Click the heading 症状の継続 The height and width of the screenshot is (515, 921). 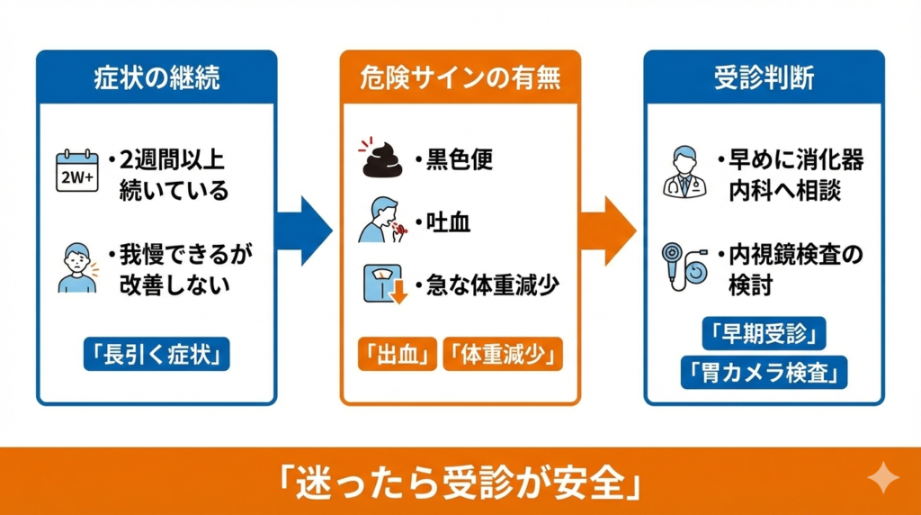click(156, 77)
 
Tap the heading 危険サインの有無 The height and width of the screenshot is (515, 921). click(460, 77)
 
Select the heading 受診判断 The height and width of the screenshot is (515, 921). click(764, 77)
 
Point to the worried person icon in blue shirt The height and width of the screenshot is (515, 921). click(77, 266)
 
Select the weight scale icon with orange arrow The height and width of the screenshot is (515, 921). click(381, 284)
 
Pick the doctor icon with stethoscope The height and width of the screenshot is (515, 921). click(684, 170)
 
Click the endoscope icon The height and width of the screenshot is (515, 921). click(684, 266)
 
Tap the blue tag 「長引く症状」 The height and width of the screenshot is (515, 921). click(156, 354)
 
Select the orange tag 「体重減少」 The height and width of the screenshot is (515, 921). click(503, 354)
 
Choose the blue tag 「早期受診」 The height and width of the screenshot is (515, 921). click(764, 334)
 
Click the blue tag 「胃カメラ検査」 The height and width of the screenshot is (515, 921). click(764, 371)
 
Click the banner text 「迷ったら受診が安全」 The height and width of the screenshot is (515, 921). click(460, 483)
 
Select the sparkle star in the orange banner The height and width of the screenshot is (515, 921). click(882, 479)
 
